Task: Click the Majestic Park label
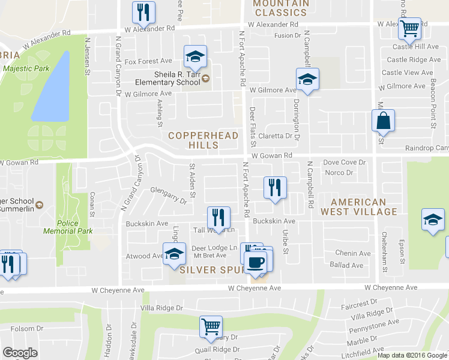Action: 26,68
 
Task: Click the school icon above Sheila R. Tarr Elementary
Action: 195,57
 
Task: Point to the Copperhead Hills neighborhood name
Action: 203,141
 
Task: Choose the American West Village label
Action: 358,207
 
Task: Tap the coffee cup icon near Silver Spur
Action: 256,262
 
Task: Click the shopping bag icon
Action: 383,121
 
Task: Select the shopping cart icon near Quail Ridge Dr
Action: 211,327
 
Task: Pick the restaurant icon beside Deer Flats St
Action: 275,188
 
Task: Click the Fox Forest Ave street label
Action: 148,61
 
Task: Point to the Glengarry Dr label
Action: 168,196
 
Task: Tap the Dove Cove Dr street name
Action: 344,163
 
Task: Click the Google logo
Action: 20,353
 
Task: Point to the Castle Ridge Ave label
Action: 414,59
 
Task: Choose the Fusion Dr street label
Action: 287,35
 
